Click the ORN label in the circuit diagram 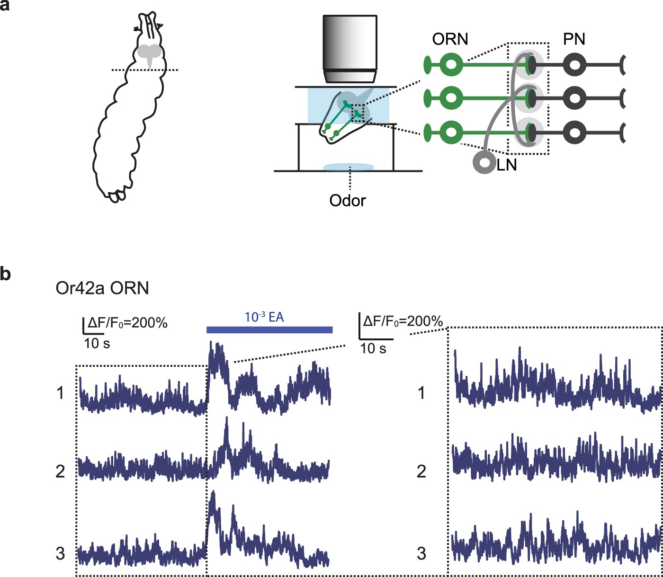tap(450, 39)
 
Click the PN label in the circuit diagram tap(574, 39)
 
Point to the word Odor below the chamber tap(348, 200)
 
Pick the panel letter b tap(5, 274)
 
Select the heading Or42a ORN tap(102, 288)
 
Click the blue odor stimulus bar tap(269, 330)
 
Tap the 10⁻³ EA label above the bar tap(264, 317)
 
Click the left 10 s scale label tap(97, 343)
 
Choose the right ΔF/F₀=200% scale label tap(403, 321)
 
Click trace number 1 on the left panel tap(60, 392)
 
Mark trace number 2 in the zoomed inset tap(421, 471)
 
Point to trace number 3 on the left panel tap(60, 553)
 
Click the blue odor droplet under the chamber tap(349, 167)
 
